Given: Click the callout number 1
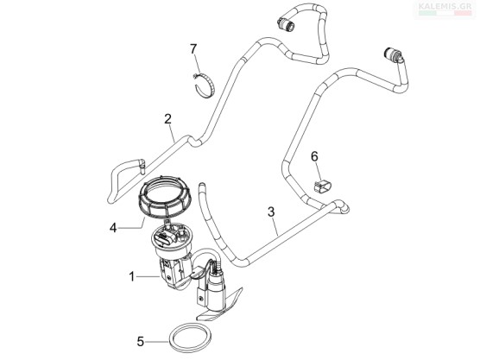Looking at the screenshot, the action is pos(131,277).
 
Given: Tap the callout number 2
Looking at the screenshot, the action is pos(167,119).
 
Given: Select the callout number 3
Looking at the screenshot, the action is pos(271,212).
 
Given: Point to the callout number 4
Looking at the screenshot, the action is pos(113,228).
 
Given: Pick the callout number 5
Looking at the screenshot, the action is pos(141,342).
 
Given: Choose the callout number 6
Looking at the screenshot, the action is pos(314,156).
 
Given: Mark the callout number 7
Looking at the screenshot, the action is pos(193,49).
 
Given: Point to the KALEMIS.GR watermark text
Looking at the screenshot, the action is pos(445,5).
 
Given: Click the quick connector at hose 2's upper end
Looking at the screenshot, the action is pos(286,24).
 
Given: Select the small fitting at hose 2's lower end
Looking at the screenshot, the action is pos(142,166).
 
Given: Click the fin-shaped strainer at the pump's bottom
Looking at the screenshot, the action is pos(220,305).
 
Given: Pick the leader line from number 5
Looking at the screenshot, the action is pos(157,342).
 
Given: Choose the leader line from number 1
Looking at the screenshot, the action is pos(148,277).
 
